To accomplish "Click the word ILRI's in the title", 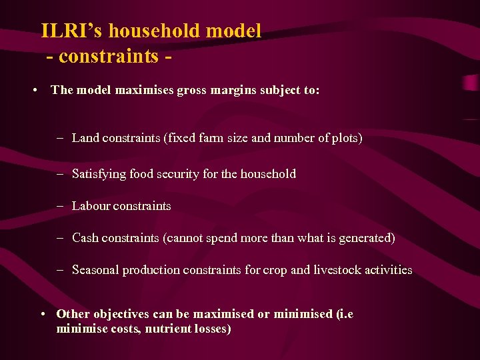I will (71, 31).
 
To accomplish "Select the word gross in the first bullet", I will (193, 90).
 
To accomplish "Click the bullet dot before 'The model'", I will (33, 90).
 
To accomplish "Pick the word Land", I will (85, 138).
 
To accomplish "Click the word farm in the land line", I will (226, 138).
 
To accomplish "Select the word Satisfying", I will (99, 174).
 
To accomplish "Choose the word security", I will (177, 174).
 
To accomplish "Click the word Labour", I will (91, 206).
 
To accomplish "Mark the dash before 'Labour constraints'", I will (59, 206).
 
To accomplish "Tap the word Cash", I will (85, 238).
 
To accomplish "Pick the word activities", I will (389, 270).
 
